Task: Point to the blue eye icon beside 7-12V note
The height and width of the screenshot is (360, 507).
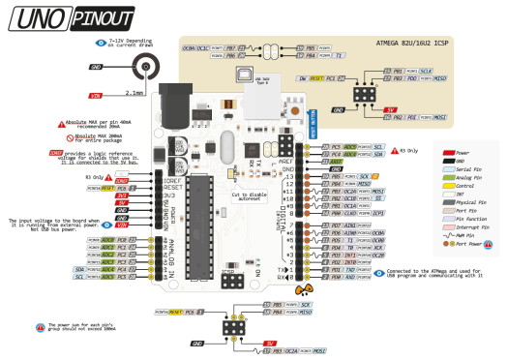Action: (101, 43)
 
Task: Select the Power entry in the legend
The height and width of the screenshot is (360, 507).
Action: (462, 152)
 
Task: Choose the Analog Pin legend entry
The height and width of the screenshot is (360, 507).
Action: (465, 177)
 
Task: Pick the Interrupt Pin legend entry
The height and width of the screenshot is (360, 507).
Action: (469, 227)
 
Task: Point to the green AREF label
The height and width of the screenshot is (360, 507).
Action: (338, 161)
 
